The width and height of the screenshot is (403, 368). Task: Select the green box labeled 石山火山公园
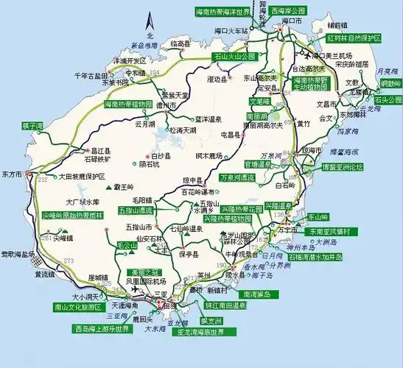[234, 55]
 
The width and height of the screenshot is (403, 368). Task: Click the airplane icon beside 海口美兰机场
[303, 54]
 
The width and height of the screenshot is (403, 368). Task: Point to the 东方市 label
[13, 174]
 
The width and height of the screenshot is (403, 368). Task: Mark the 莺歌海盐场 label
[18, 253]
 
